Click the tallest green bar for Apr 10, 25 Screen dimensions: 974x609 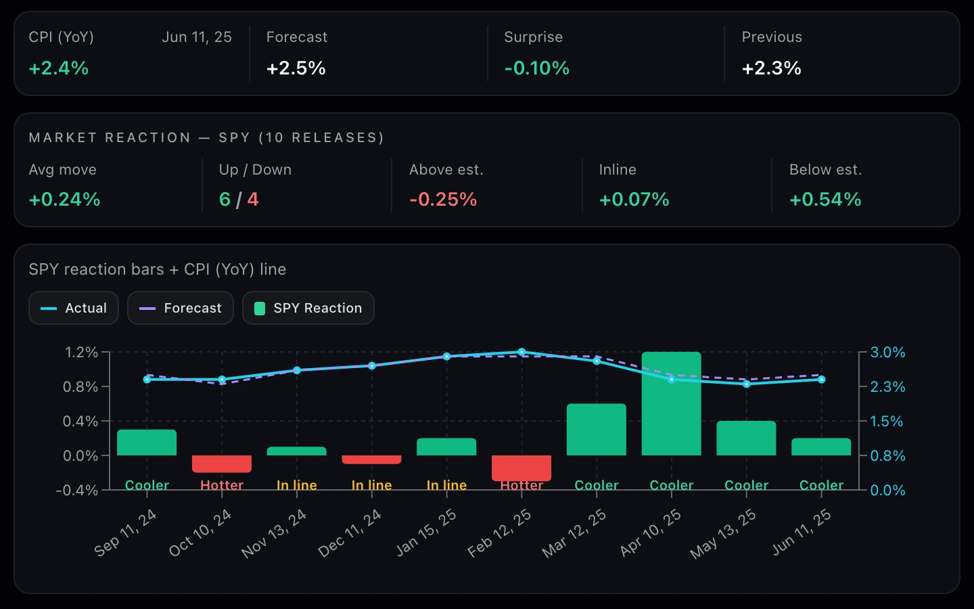point(672,404)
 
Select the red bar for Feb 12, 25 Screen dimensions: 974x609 point(521,468)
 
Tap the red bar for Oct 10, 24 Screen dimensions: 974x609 point(222,464)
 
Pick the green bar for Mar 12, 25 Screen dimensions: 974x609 point(597,429)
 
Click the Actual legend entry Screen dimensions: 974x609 point(74,308)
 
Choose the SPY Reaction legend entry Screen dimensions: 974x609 point(308,308)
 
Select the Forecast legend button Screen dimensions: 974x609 point(181,308)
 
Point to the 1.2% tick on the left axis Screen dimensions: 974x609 point(81,352)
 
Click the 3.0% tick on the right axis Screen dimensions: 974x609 point(887,352)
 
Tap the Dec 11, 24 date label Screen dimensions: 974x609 point(350,533)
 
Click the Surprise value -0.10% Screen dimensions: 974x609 point(536,68)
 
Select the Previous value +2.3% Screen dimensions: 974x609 point(771,68)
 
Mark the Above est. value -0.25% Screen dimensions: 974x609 point(443,200)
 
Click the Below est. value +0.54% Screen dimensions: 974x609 point(825,200)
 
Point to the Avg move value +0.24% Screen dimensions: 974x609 point(64,200)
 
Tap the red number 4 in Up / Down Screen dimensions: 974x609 point(253,200)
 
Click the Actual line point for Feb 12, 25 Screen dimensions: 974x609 point(521,352)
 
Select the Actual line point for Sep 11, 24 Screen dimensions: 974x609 point(147,380)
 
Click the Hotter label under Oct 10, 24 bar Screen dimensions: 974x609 point(222,485)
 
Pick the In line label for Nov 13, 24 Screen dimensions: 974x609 point(297,485)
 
